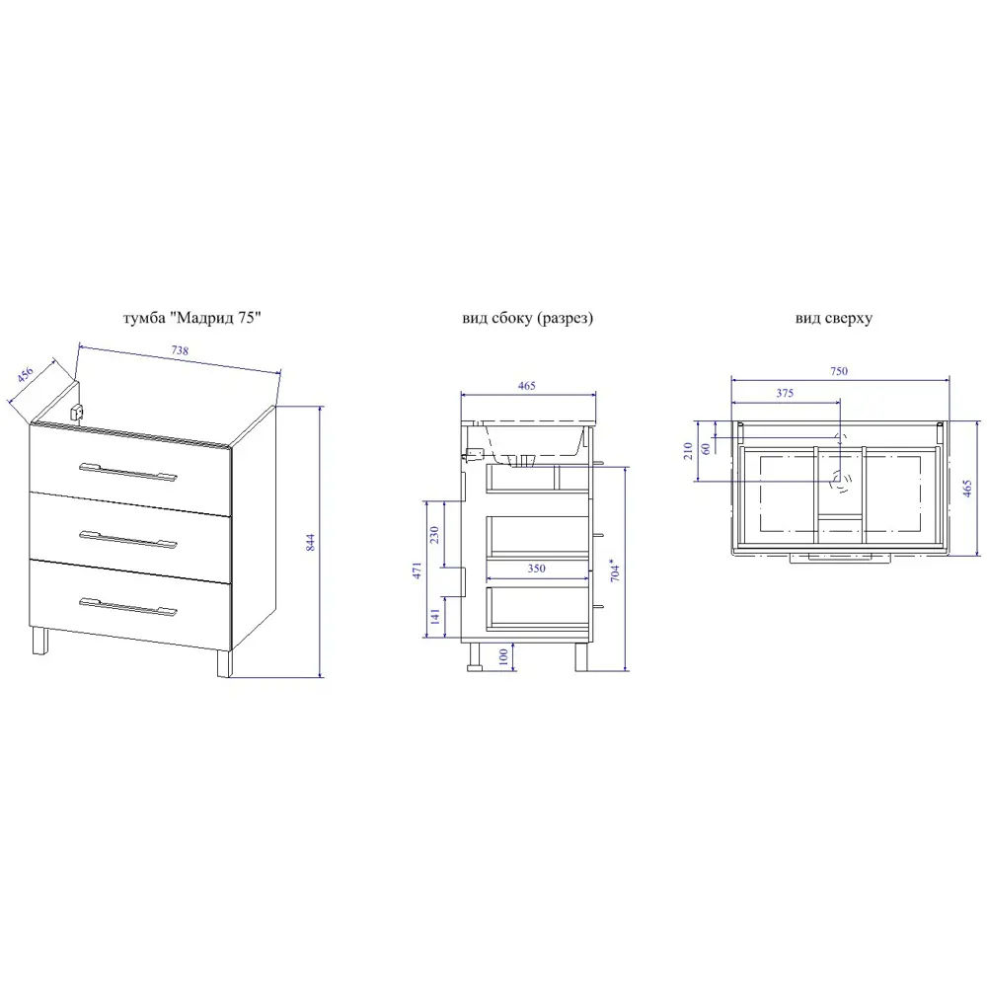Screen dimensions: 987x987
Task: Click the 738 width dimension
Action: [x=180, y=350]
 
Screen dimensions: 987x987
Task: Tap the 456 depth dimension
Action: [x=26, y=374]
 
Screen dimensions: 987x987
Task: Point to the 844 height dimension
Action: [x=310, y=543]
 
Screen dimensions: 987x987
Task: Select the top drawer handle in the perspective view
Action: [x=128, y=471]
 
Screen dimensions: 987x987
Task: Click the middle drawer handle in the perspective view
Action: [x=128, y=539]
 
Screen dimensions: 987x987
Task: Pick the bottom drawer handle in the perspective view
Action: [x=128, y=606]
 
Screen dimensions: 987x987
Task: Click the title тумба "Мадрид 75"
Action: [x=192, y=318]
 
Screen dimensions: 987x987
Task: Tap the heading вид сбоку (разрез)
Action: [x=527, y=318]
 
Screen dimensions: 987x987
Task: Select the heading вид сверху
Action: [x=833, y=319]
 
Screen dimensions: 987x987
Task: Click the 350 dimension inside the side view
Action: [x=536, y=569]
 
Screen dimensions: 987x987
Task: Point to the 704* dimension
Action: [x=615, y=570]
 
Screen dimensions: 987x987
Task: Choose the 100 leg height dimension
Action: [x=503, y=656]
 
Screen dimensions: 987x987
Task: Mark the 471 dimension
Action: [x=417, y=570]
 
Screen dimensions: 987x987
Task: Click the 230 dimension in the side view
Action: [x=434, y=535]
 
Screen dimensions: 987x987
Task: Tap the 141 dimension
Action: [x=435, y=616]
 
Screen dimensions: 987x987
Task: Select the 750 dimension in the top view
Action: [x=839, y=371]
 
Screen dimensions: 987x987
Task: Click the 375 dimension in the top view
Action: [x=785, y=394]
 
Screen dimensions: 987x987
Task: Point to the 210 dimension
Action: [x=687, y=451]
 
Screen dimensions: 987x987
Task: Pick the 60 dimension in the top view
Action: [x=706, y=449]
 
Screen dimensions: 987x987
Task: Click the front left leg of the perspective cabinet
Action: [x=39, y=641]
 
